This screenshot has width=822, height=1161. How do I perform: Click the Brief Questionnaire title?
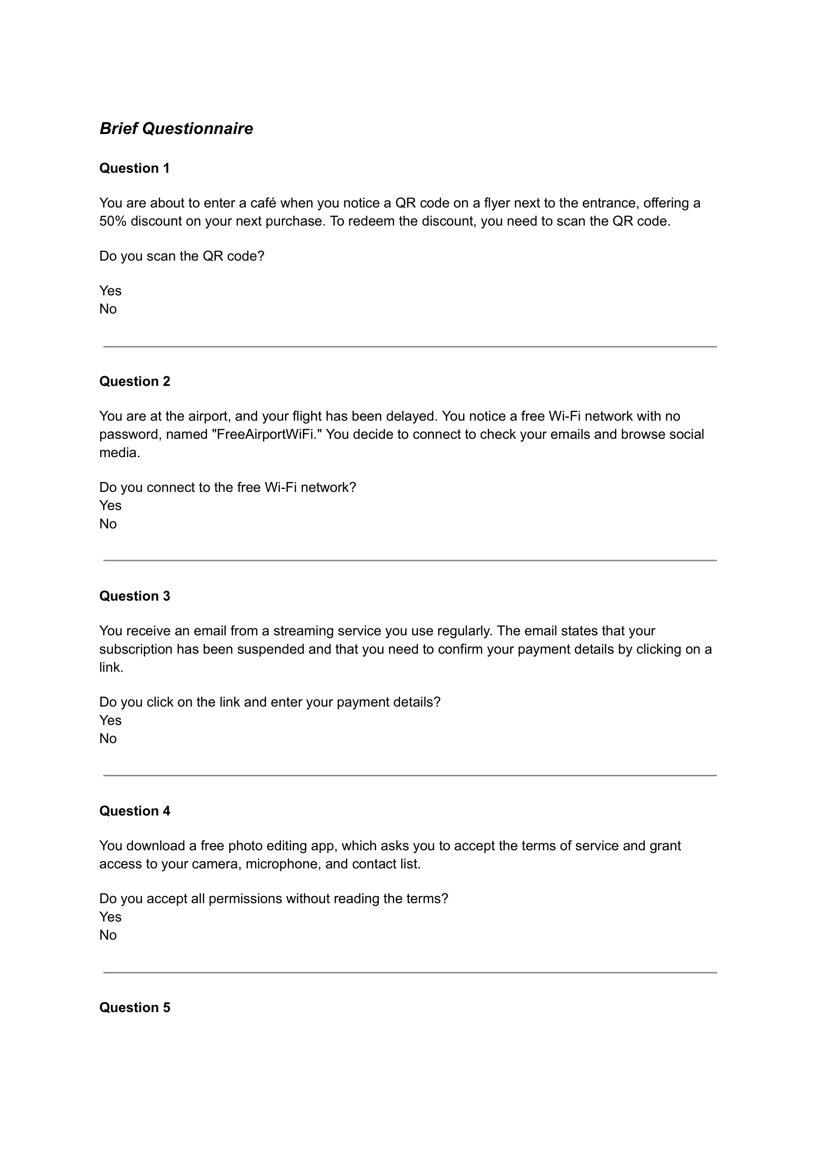[176, 129]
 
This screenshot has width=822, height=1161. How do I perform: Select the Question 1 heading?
[135, 168]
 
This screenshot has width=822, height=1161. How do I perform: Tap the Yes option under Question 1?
[110, 290]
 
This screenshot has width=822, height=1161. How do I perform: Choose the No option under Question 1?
[108, 309]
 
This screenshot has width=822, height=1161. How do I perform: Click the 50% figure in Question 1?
[113, 221]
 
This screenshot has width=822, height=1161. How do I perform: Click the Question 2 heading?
[135, 381]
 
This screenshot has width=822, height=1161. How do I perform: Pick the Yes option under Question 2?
[110, 505]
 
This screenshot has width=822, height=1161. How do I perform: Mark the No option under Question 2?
[108, 523]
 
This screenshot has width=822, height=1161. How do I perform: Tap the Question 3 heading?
[135, 596]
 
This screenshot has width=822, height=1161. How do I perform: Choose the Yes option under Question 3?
[110, 720]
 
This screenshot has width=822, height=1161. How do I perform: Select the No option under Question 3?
[108, 738]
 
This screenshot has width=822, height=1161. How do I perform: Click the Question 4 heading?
[135, 811]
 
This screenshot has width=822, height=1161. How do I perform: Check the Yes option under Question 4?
[110, 917]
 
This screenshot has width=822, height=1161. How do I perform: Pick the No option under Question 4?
[108, 935]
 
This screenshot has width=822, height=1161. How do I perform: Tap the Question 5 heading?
[135, 1007]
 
